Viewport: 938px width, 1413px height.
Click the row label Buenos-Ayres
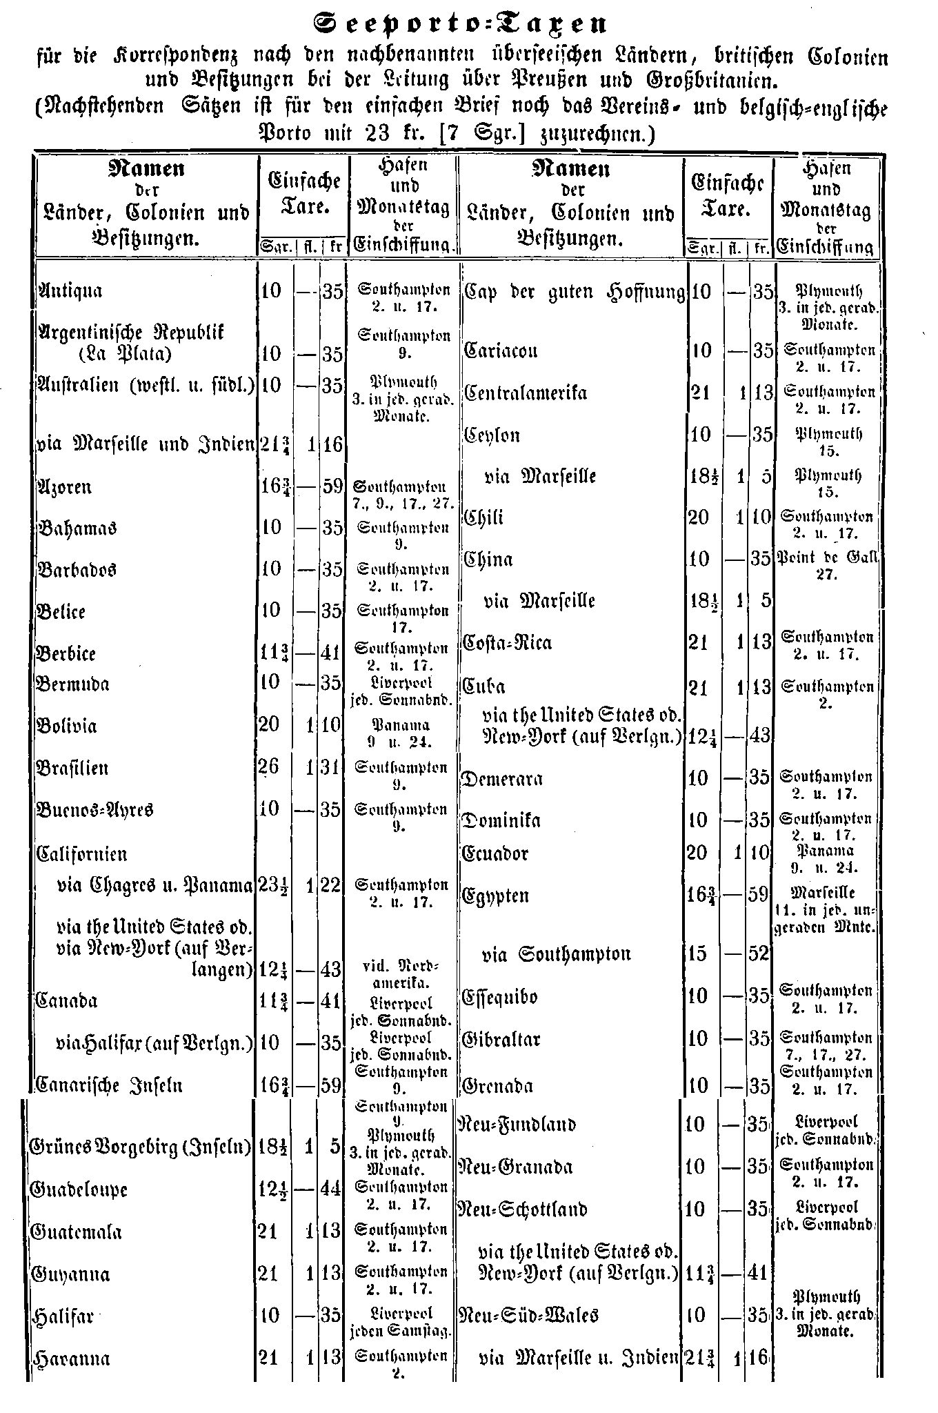pos(94,809)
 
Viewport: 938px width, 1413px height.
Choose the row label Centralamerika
pos(526,393)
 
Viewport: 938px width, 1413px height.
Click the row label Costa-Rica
pos(508,643)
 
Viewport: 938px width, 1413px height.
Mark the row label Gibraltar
pos(501,1039)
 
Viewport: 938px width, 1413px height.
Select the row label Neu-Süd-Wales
pos(528,1315)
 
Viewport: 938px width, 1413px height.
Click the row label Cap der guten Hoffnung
pos(574,292)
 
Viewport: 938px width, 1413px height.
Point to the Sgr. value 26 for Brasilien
pos(270,767)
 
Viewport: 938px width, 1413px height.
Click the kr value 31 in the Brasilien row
pos(332,768)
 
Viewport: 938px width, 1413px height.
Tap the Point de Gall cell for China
pos(826,566)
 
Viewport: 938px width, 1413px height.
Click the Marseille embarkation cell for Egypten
pos(826,910)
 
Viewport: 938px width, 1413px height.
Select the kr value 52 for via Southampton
pos(759,954)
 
